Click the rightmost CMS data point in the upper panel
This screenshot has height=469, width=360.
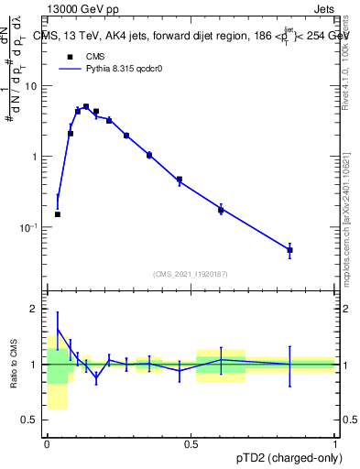pos(289,250)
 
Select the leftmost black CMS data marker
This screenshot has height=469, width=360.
pos(58,214)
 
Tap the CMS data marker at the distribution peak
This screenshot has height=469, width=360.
pos(86,107)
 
